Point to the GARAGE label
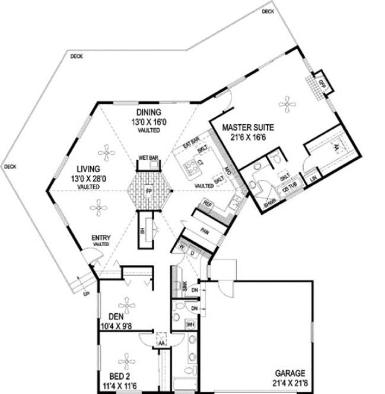coord(289,373)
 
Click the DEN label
coord(116,316)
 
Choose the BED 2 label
coord(119,377)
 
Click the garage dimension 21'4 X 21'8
coord(289,383)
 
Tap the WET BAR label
coord(147,158)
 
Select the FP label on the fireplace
coord(149,191)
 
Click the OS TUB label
coord(287,190)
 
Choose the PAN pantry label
coord(204,231)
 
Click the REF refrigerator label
coord(207,204)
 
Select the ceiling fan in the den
coord(126,300)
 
